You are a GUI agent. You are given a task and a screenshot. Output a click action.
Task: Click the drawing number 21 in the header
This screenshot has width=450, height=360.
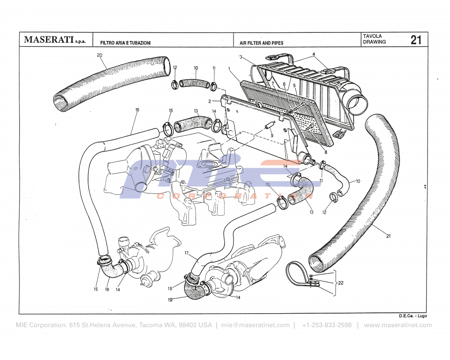[x=416, y=40]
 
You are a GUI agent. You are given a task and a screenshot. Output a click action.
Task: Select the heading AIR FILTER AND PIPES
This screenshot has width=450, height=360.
[x=261, y=43]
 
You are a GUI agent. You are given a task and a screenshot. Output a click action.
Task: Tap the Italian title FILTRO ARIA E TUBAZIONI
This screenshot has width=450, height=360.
[x=126, y=43]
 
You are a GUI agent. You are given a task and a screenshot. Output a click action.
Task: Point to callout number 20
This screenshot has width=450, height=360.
[x=99, y=55]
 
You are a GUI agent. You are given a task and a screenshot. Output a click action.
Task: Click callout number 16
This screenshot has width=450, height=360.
[x=137, y=109]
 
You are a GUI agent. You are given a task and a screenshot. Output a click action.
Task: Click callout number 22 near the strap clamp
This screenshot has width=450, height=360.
[x=340, y=283]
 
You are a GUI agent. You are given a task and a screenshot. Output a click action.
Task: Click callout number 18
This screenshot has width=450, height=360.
[x=107, y=290]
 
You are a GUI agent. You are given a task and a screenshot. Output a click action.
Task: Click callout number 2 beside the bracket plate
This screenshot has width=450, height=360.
[x=210, y=101]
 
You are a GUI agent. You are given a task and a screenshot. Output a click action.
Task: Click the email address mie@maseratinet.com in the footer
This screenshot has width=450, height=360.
[x=256, y=325]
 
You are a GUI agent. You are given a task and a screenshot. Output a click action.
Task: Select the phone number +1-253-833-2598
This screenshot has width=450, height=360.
[x=327, y=325]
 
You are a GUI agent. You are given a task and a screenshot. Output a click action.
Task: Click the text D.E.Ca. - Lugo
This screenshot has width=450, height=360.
[x=412, y=315]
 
